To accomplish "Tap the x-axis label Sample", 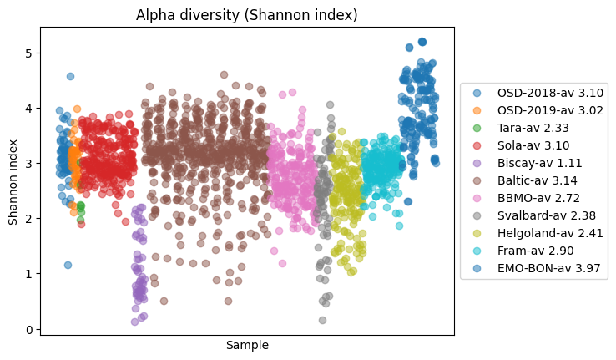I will [x=247, y=345].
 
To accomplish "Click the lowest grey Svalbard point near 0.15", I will [x=322, y=320].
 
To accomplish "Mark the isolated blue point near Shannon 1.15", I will [x=68, y=265].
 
